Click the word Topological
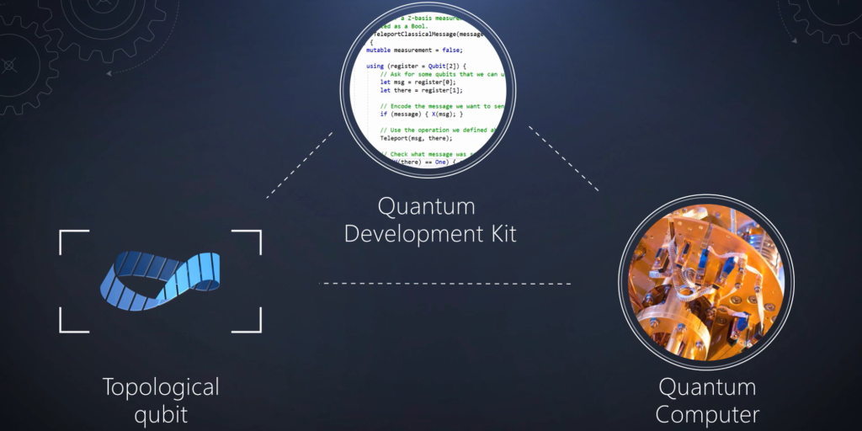(161, 387)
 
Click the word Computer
(707, 414)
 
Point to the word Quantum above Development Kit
(426, 205)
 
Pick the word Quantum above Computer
(707, 387)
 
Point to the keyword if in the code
(383, 114)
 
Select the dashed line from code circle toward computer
(564, 160)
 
